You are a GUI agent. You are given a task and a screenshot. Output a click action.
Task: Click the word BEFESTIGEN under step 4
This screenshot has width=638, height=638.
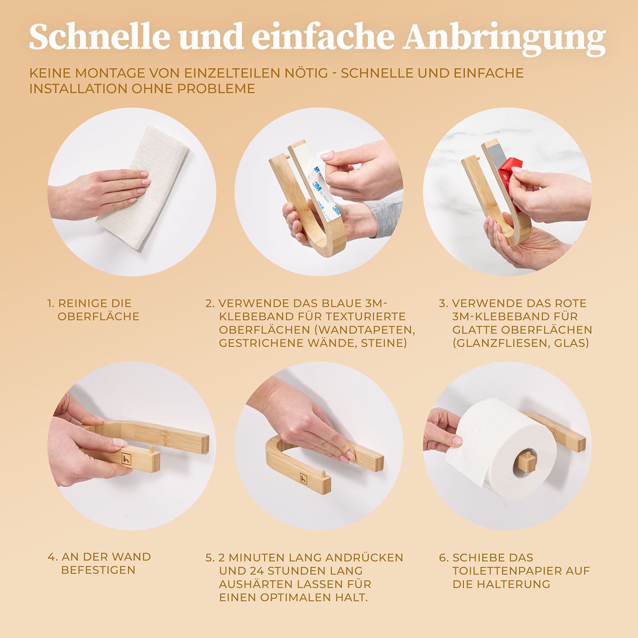(98, 570)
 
